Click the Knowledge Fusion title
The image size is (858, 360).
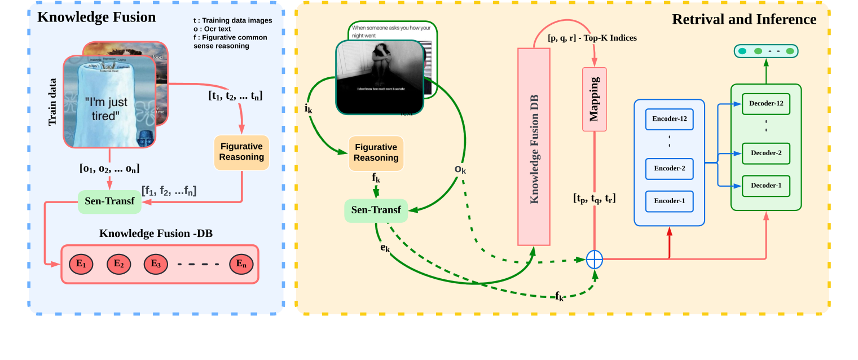pyautogui.click(x=96, y=17)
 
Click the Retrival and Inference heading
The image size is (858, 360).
pyautogui.click(x=743, y=19)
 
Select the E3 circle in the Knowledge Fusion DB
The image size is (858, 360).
pyautogui.click(x=156, y=264)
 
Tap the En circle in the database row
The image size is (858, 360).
pyautogui.click(x=241, y=264)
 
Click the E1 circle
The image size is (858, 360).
pyautogui.click(x=81, y=264)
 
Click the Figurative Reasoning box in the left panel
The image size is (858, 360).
pyautogui.click(x=241, y=152)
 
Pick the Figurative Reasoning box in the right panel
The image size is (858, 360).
pyautogui.click(x=376, y=152)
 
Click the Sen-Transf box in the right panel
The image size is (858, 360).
pyautogui.click(x=376, y=210)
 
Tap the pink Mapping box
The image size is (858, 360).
pyautogui.click(x=594, y=99)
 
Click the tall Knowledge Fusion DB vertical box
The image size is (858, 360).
pyautogui.click(x=534, y=147)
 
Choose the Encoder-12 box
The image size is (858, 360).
pyautogui.click(x=669, y=119)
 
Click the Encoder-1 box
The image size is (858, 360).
pyautogui.click(x=669, y=201)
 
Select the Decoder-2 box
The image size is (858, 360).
pyautogui.click(x=766, y=153)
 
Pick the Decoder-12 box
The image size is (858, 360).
pyautogui.click(x=766, y=103)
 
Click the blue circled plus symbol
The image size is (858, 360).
pyautogui.click(x=595, y=260)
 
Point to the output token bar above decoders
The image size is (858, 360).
pyautogui.click(x=766, y=51)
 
